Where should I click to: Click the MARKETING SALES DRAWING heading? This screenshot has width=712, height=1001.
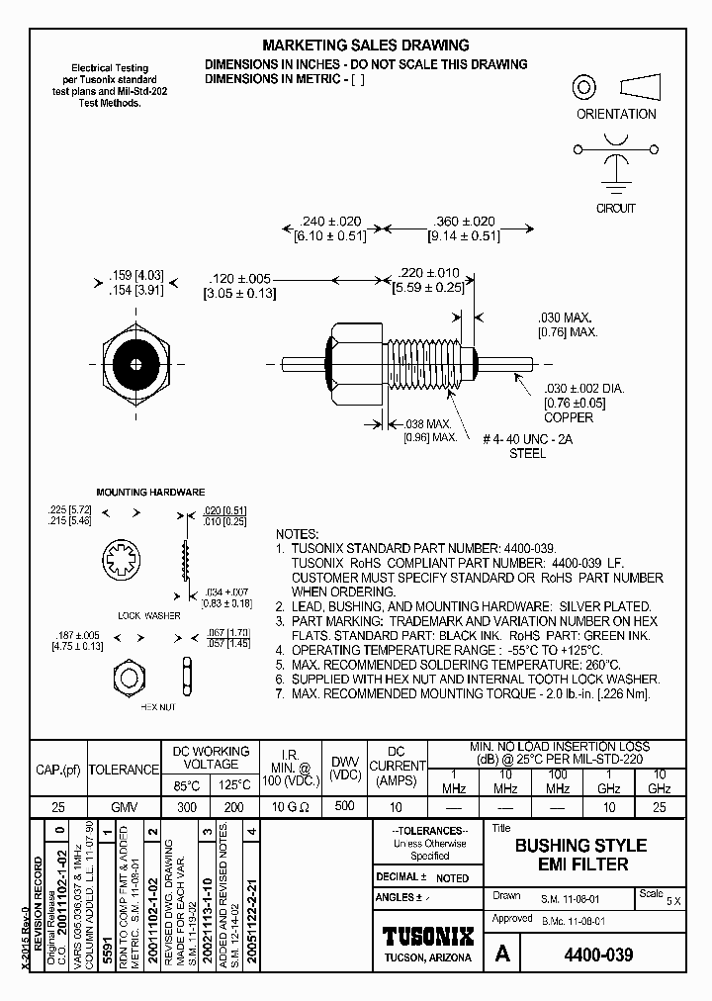365,45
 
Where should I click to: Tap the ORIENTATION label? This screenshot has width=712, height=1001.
616,114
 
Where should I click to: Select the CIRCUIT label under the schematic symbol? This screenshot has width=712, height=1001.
615,209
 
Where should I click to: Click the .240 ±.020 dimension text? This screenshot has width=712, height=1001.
329,222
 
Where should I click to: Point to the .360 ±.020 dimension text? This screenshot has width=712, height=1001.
464,222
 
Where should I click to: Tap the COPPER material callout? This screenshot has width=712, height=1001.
569,417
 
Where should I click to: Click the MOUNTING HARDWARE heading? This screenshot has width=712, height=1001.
150,492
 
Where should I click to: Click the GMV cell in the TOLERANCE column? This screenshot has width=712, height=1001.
125,807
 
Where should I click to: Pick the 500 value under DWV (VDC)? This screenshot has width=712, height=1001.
343,806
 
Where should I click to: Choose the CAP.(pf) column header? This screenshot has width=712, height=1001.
58,769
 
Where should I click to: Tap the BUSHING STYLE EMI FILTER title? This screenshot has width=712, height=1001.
580,855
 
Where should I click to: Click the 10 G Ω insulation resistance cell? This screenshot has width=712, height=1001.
291,807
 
